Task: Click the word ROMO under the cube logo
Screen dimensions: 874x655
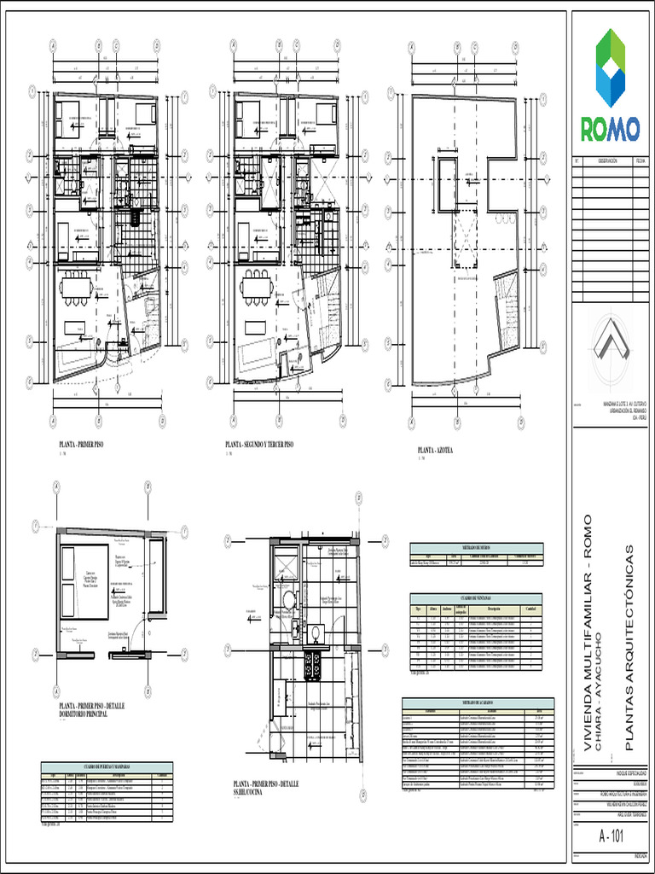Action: click(x=610, y=129)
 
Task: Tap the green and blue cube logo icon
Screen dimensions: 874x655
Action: click(x=611, y=67)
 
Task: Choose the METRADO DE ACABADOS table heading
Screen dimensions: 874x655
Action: click(x=472, y=702)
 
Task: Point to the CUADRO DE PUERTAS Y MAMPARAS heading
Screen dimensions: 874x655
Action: click(x=107, y=768)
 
